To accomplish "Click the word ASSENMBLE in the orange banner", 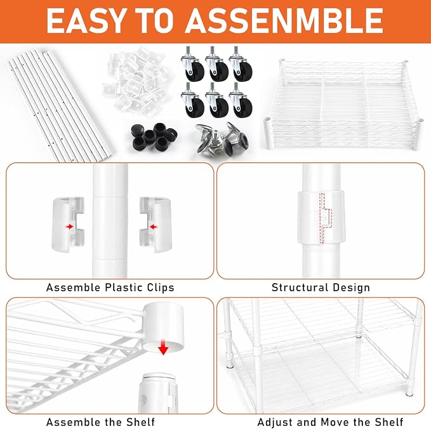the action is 284,20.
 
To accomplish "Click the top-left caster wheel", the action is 192,64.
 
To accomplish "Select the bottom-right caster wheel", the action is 241,100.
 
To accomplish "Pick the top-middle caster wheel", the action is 216,64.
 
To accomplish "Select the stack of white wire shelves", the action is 343,104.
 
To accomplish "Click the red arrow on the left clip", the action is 70,227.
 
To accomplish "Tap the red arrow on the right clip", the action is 154,227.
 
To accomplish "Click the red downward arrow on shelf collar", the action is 163,347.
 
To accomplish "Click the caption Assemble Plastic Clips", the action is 110,287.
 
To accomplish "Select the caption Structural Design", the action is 321,287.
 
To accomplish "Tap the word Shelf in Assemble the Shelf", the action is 140,422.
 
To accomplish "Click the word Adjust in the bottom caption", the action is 273,422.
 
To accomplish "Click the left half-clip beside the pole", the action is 68,224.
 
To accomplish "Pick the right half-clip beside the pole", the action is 156,224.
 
